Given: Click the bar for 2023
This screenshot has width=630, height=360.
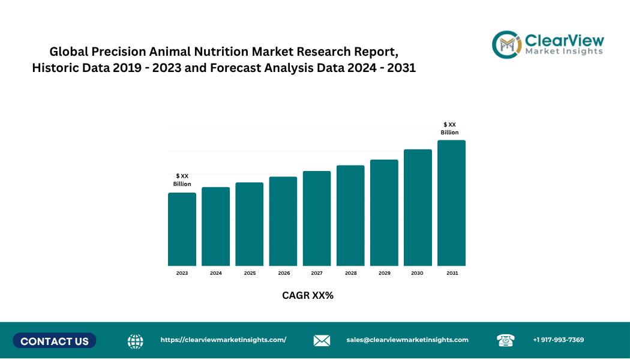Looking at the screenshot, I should (x=182, y=229).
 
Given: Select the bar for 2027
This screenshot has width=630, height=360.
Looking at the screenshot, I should (x=317, y=218).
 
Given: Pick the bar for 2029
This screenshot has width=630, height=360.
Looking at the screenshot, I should (x=384, y=212).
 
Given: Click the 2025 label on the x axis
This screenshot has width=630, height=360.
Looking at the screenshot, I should (x=250, y=273).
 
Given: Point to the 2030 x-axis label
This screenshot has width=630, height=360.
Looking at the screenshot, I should (x=417, y=273).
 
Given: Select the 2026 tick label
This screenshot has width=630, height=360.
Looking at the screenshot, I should (x=284, y=273).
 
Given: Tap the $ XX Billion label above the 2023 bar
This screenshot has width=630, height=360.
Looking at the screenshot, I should (x=182, y=180).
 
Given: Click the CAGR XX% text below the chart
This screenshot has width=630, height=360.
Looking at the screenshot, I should (x=307, y=295).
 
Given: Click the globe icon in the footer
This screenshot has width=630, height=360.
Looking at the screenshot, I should (x=136, y=341).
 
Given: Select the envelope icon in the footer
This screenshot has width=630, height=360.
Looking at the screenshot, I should (x=322, y=341).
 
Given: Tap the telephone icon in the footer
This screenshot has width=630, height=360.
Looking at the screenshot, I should (x=505, y=340).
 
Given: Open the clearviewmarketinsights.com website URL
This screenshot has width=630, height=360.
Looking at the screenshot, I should (x=223, y=340).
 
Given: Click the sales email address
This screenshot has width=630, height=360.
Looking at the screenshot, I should (x=407, y=340).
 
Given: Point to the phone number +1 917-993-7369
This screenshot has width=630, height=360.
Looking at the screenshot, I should (x=558, y=340).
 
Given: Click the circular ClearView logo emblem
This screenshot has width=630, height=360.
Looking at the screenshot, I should (x=506, y=44).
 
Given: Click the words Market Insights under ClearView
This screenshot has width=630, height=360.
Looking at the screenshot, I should (x=564, y=52).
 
